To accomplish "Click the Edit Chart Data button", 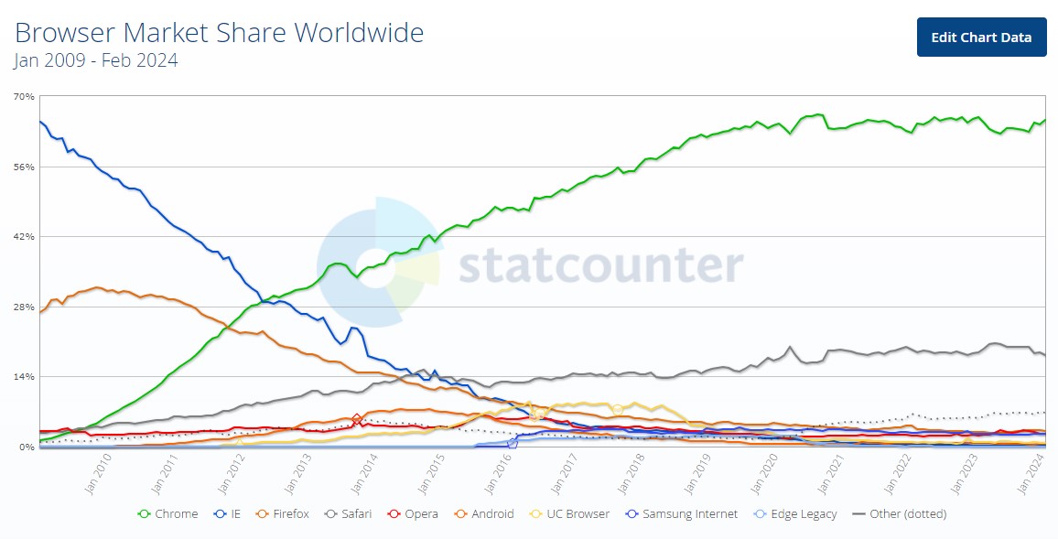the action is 981,38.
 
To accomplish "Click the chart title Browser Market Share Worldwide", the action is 220,32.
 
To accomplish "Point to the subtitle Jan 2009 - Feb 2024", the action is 96,60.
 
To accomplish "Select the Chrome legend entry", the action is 168,514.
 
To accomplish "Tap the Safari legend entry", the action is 348,514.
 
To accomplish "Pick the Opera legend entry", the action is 412,514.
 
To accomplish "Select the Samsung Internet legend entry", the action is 682,514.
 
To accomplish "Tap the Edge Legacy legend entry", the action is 794,514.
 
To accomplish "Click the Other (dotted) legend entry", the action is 900,514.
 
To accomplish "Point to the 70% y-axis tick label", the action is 24,96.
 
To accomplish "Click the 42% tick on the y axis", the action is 24,237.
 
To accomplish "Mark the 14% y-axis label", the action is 24,376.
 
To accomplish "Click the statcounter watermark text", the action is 601,265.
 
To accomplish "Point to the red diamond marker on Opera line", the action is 357,420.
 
